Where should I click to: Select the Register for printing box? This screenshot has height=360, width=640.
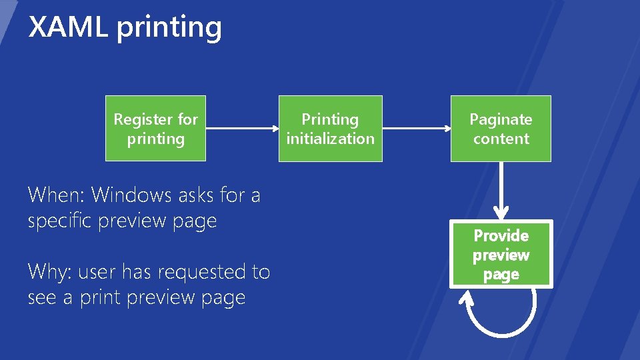155,129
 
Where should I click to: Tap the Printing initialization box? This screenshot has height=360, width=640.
330,129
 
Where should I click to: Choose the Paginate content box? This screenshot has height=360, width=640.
501,129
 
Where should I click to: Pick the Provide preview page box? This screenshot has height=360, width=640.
501,255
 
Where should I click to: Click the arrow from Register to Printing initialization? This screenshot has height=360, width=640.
241,129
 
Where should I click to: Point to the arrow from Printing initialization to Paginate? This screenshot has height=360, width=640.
417,129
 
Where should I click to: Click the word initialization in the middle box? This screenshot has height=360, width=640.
330,139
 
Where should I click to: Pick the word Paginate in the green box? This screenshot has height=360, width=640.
501,119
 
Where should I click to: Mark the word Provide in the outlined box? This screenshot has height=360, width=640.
501,236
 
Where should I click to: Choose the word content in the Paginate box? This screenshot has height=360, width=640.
501,139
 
